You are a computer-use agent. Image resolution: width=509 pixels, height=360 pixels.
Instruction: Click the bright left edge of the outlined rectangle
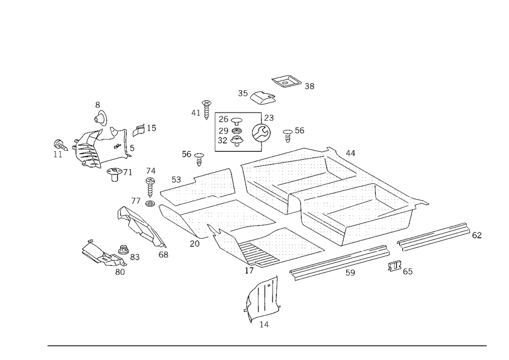coord(214,131)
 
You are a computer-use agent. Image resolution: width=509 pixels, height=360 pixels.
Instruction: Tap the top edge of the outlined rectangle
coord(238,112)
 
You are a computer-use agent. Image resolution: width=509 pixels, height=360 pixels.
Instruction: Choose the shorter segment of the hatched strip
coord(433,235)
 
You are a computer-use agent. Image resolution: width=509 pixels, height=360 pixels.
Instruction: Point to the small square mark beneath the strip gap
coord(395,265)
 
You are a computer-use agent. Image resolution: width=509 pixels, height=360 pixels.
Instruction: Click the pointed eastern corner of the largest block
coord(425,202)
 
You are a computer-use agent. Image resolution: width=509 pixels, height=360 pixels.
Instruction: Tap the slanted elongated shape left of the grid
coord(143,229)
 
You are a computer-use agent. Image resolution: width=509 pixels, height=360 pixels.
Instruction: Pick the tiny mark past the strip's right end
coord(477,235)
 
